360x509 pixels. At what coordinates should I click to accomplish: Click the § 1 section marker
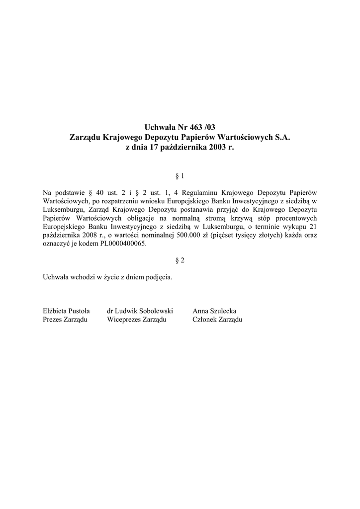tap(180, 176)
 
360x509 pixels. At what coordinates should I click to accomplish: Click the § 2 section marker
tap(180, 260)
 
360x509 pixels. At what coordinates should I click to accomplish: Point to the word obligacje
tap(140, 218)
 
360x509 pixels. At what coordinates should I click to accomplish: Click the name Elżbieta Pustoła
tap(67, 311)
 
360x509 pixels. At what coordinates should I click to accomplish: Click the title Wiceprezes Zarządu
tap(137, 320)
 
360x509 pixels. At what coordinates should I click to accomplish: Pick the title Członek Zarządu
tap(217, 320)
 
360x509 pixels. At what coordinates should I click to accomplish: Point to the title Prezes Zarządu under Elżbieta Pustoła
tap(65, 320)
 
